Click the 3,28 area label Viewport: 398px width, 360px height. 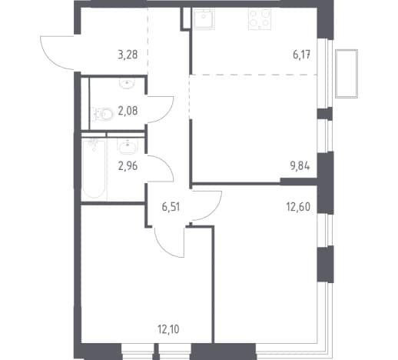[128, 55]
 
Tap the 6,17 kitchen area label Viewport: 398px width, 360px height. [302, 55]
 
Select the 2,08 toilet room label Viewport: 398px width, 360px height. [128, 111]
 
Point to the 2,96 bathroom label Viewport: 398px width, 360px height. [128, 166]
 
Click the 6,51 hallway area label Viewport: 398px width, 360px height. [171, 207]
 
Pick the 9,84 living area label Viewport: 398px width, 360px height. [300, 166]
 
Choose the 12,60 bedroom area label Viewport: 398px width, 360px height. [298, 207]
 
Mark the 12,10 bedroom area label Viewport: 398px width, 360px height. [168, 329]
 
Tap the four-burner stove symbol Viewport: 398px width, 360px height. [260, 18]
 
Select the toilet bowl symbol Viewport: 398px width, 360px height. [103, 114]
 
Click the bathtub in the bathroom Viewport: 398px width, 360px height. [94, 168]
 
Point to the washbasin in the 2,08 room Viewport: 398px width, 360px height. [127, 84]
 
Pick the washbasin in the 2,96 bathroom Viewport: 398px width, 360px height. [128, 147]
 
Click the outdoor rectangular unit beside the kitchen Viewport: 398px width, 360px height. [347, 74]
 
